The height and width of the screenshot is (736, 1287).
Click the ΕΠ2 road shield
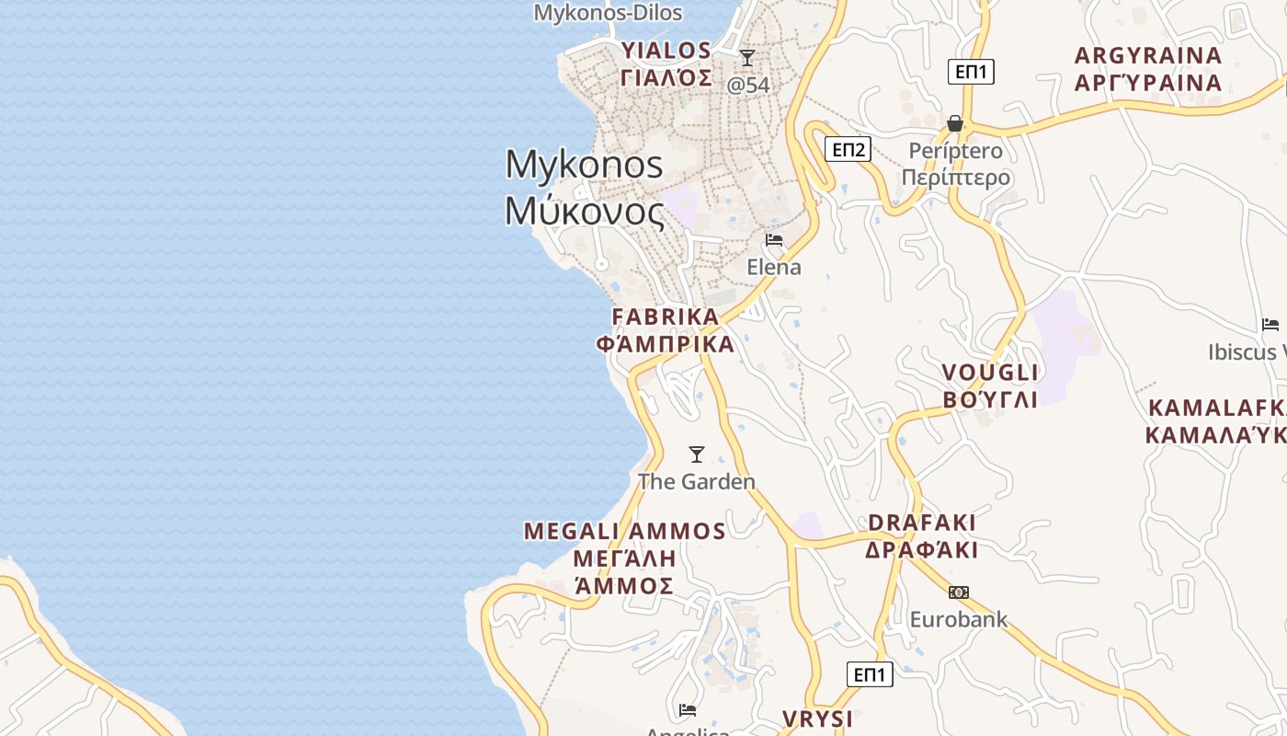click(848, 149)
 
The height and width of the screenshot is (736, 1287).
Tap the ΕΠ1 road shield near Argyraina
click(971, 71)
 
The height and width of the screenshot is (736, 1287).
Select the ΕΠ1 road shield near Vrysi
click(869, 674)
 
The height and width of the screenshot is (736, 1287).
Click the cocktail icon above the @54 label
click(747, 58)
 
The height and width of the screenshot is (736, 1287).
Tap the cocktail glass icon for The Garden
click(697, 454)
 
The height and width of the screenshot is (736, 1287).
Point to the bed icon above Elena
click(774, 241)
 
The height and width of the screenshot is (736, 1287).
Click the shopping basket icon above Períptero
click(955, 123)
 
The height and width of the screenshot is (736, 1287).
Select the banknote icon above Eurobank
click(959, 592)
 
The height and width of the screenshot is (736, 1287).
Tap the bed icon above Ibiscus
click(1270, 325)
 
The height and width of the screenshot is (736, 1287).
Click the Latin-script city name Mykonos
click(584, 165)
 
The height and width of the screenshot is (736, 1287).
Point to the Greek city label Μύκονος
click(584, 212)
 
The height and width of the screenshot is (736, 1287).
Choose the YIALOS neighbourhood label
click(666, 51)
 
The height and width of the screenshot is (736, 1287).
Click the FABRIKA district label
click(666, 316)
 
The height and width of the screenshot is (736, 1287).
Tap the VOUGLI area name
click(990, 373)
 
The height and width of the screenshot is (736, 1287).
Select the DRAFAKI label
click(922, 523)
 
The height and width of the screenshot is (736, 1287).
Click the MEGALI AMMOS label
click(625, 532)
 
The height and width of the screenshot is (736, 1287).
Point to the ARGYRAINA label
click(1148, 55)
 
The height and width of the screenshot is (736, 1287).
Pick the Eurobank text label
click(959, 619)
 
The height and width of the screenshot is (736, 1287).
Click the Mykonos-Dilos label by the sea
click(609, 13)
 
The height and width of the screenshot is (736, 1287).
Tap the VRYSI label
click(817, 719)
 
